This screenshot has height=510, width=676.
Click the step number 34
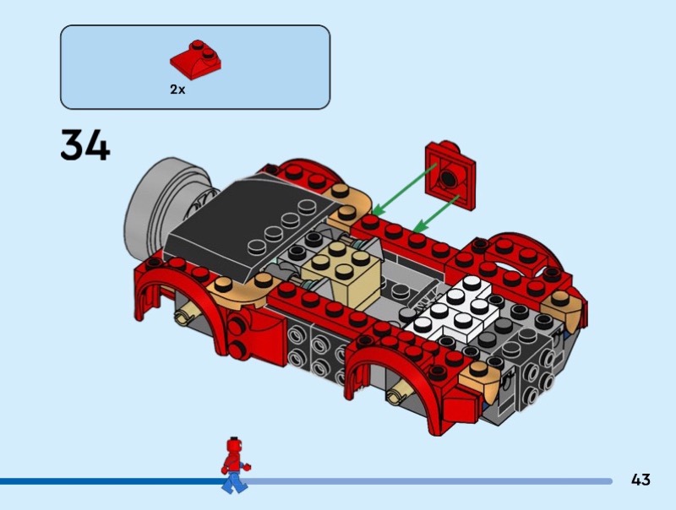(85, 145)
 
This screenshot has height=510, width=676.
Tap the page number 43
(641, 480)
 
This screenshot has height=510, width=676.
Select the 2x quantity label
(177, 90)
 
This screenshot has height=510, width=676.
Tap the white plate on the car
(453, 310)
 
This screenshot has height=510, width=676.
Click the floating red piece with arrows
(450, 175)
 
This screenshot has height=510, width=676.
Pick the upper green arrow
(405, 189)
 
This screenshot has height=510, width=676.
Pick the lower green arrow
(435, 214)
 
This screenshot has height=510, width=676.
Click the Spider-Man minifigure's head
(233, 444)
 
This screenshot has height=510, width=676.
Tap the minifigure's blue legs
(234, 481)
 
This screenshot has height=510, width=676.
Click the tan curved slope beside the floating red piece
(349, 207)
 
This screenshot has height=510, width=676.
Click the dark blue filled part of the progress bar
(112, 481)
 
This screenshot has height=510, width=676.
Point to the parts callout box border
(195, 25)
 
